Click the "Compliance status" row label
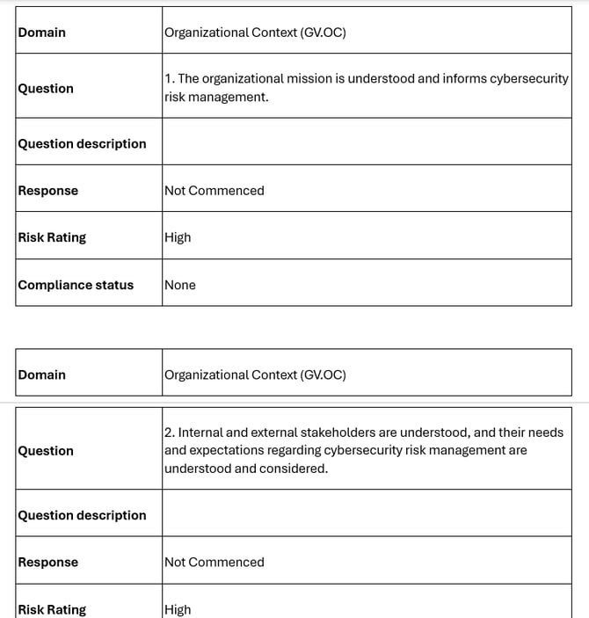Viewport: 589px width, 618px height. pyautogui.click(x=76, y=285)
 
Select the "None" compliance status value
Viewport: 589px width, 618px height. pyautogui.click(x=180, y=285)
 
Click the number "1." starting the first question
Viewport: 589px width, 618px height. pyautogui.click(x=170, y=78)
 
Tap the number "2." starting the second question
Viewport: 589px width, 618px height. pyautogui.click(x=170, y=433)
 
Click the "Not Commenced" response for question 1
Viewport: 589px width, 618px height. pyautogui.click(x=214, y=191)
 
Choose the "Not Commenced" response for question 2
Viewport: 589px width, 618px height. pyautogui.click(x=214, y=563)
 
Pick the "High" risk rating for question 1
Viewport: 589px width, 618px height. pyautogui.click(x=178, y=237)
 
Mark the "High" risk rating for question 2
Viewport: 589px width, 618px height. pyautogui.click(x=178, y=609)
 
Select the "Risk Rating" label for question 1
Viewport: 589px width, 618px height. pyautogui.click(x=52, y=237)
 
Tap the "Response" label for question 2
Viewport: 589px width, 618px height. pyautogui.click(x=47, y=563)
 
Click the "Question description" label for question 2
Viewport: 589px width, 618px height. pyautogui.click(x=82, y=515)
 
